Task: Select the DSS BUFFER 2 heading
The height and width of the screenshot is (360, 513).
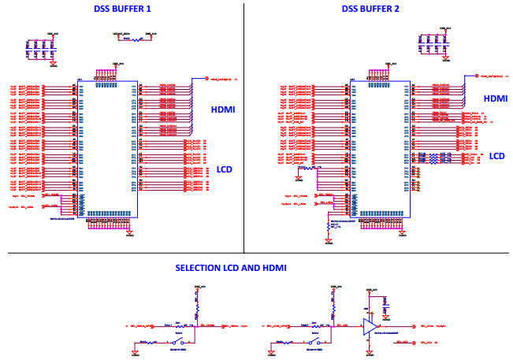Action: point(370,9)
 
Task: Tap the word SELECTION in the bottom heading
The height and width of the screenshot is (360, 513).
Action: point(198,269)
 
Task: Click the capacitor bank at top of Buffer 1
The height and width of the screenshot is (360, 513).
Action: point(40,47)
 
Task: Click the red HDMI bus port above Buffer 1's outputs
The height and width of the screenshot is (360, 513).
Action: point(207,78)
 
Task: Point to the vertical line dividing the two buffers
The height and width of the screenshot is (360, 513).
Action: point(244,126)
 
